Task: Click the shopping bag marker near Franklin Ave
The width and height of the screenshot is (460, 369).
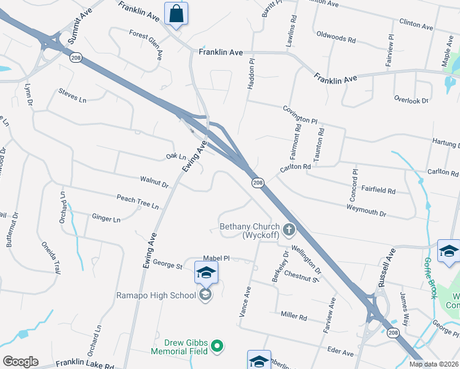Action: coord(176,14)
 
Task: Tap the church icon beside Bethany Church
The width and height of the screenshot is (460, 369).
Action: coord(288,231)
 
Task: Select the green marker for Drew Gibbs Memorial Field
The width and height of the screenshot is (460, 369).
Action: coord(216,347)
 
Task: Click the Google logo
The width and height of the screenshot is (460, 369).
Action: coord(20,362)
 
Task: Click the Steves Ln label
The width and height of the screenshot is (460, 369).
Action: coord(73,95)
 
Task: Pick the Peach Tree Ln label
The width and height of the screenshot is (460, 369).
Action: coord(138,201)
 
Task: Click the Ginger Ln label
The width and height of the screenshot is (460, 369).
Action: coord(106,218)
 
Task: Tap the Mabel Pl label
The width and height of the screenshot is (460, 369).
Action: coord(216,259)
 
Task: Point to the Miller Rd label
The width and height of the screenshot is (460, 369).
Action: coord(293,316)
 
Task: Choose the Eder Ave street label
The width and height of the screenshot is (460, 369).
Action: coord(341,353)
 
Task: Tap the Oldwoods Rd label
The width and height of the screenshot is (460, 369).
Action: coord(336,39)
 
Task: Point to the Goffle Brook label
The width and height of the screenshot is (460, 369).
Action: coord(430,278)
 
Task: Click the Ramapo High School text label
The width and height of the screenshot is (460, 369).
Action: coord(156,295)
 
